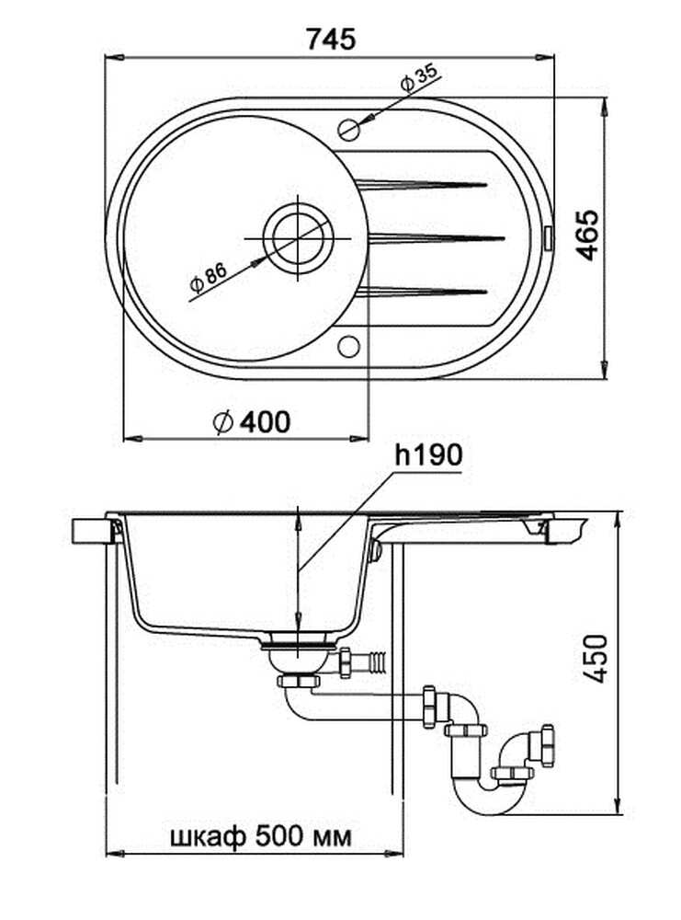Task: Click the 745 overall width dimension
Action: pos(332,39)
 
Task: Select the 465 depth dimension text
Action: pos(588,236)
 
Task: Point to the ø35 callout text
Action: pos(418,79)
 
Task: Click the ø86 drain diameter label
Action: pos(208,278)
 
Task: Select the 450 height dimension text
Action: pos(597,657)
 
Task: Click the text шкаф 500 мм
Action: pos(260,837)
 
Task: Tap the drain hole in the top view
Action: pos(298,237)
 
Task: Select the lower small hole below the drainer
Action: pos(348,346)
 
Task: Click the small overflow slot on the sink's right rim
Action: pos(550,237)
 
